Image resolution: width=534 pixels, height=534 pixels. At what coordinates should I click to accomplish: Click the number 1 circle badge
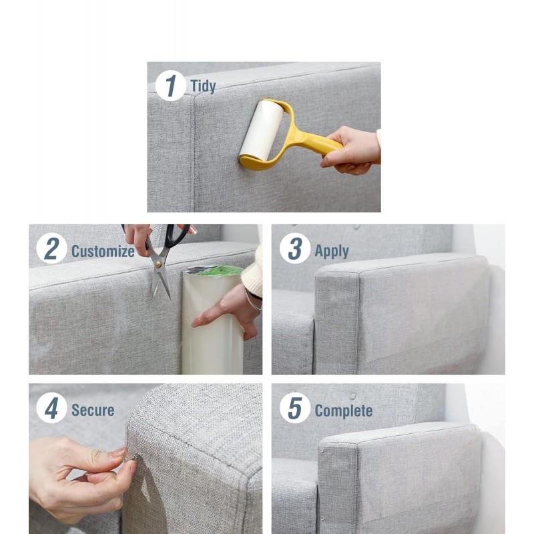(x=171, y=85)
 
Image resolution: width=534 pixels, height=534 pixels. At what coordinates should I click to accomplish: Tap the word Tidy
(x=203, y=86)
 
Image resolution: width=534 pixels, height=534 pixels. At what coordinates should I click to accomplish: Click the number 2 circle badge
(x=51, y=248)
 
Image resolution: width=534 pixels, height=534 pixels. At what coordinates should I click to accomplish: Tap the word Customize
(x=103, y=252)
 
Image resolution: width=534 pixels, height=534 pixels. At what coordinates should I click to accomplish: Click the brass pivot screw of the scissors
(x=158, y=263)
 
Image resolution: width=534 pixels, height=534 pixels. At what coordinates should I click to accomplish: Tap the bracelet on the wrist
(x=253, y=300)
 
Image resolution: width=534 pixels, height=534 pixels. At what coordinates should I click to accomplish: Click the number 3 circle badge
(x=295, y=248)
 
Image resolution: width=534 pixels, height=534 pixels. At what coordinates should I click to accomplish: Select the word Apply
(x=331, y=252)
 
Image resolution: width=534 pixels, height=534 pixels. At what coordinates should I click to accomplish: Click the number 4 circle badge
(x=51, y=408)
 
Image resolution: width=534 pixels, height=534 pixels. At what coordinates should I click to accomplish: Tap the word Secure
(x=93, y=410)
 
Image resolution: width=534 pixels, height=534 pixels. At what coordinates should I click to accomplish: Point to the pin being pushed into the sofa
(x=131, y=457)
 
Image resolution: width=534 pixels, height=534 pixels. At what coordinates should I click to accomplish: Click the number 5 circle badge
(x=295, y=408)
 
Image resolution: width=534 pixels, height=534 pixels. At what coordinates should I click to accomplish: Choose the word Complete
(x=343, y=411)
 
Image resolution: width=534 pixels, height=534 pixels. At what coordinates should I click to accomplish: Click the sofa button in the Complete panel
(x=352, y=396)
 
